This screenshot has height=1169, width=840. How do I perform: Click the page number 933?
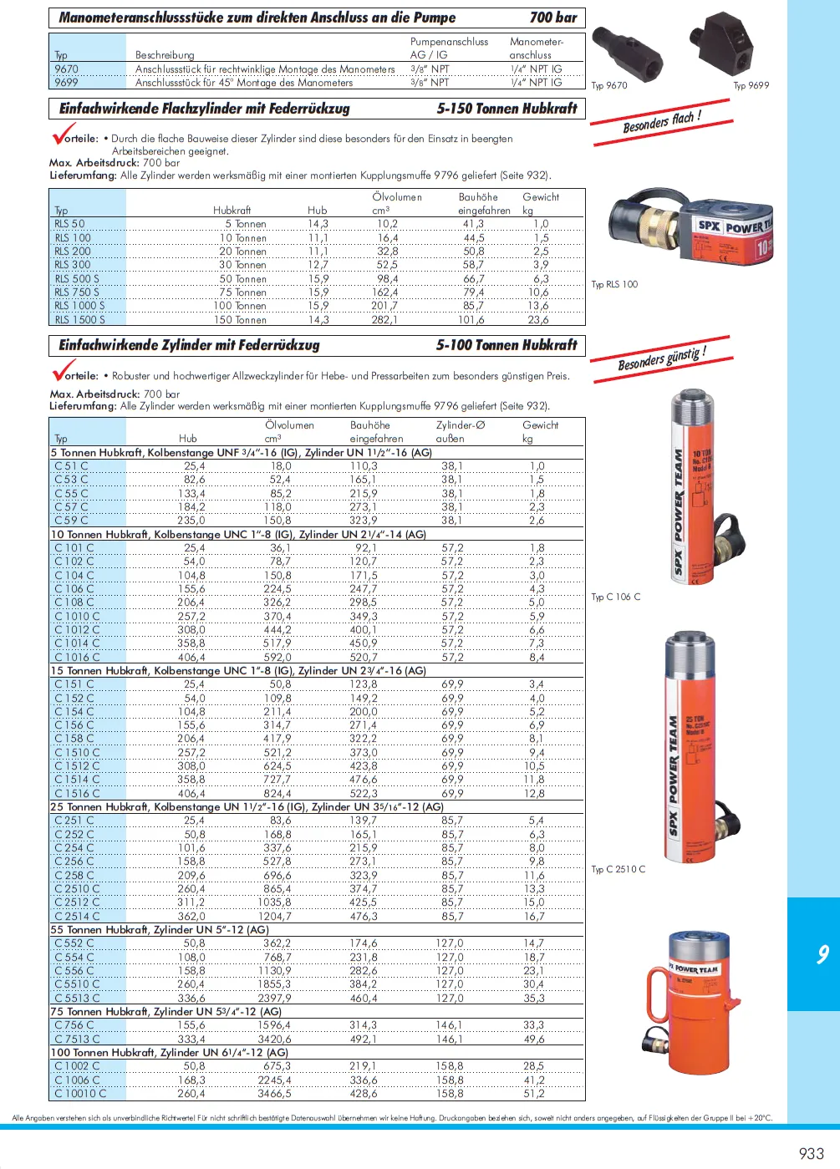811,1153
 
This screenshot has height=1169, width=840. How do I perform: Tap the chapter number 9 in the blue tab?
822,954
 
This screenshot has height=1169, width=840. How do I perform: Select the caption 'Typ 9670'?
609,85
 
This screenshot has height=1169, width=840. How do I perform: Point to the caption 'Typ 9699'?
751,85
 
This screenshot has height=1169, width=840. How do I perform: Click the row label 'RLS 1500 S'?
79,320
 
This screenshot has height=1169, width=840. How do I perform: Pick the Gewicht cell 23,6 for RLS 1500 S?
538,320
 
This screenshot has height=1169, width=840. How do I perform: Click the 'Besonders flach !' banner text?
662,123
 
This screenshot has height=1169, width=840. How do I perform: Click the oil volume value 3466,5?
275,1093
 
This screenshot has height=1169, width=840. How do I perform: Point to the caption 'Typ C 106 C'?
616,597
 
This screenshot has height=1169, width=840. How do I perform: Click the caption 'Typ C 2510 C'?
619,869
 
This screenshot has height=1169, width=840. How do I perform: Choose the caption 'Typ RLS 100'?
614,284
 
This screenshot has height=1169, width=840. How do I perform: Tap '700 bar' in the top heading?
553,18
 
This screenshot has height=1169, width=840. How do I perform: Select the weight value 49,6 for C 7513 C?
534,1039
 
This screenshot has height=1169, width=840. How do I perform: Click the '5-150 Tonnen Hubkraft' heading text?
507,109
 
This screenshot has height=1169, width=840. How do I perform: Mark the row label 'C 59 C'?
71,521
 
